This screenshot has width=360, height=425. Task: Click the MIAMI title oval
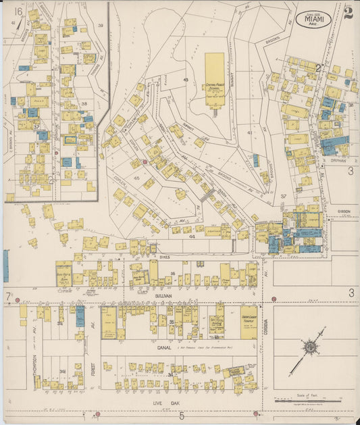[x=313, y=19]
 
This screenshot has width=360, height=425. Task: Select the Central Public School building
[x=215, y=80]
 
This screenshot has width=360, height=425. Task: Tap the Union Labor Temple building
[x=248, y=322]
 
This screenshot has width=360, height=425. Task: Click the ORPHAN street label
[x=339, y=161]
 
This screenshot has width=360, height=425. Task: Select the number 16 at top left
[x=18, y=11]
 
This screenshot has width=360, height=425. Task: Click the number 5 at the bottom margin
[x=181, y=416]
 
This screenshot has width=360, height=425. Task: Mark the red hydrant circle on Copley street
[x=145, y=162]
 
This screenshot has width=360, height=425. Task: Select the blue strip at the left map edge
[x=6, y=266]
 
